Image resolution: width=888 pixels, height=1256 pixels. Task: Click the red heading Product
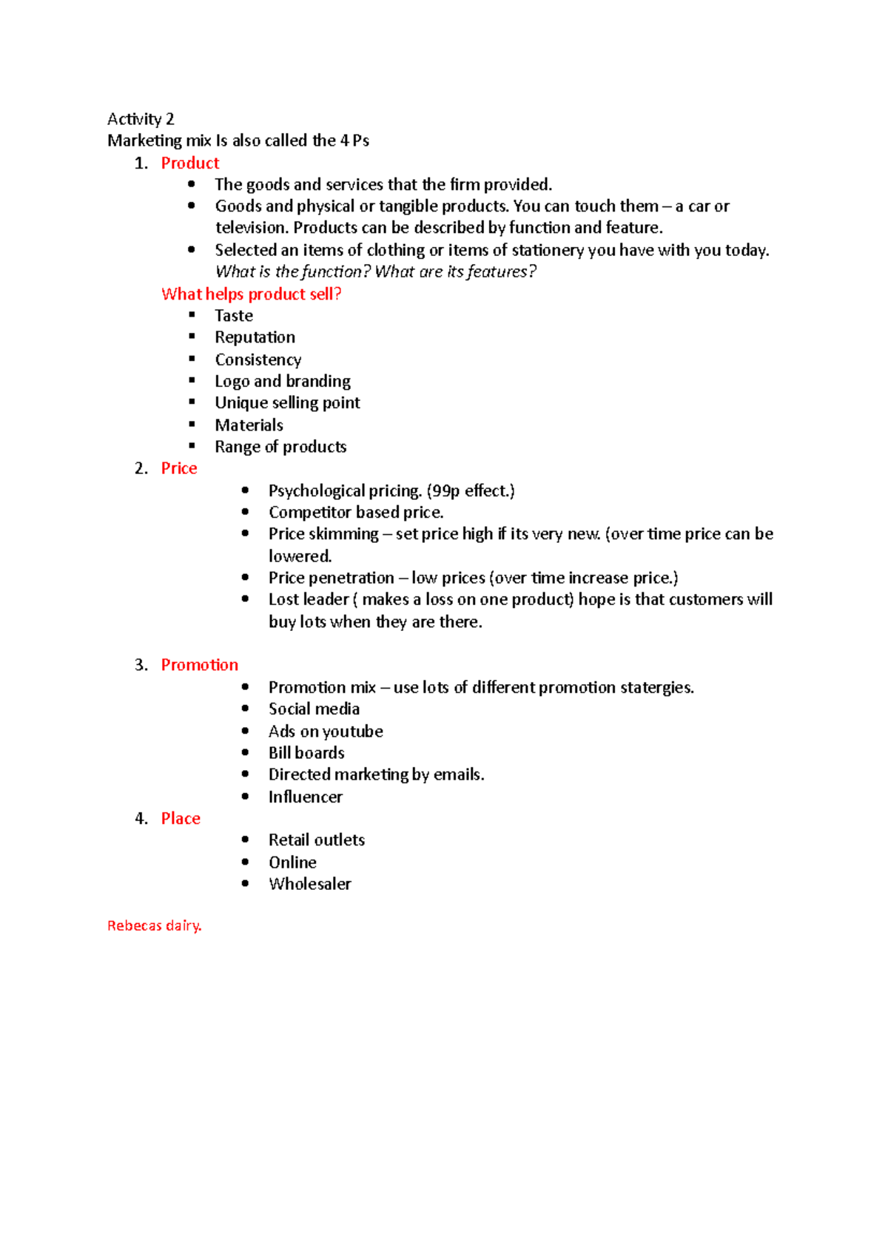point(190,163)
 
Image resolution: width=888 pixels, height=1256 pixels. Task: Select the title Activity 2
point(141,119)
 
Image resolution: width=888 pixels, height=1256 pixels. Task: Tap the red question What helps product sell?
point(251,294)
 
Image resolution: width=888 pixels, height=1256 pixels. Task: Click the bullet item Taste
point(234,316)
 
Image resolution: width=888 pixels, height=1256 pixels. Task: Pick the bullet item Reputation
point(255,337)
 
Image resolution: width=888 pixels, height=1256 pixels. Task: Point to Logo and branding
point(283,381)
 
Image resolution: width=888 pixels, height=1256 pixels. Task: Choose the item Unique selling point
point(287,403)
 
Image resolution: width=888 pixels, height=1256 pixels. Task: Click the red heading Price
point(179,468)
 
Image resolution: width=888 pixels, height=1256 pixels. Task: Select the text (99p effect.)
point(471,490)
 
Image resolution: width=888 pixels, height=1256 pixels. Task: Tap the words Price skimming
point(323,534)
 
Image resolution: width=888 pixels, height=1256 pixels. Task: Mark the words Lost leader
point(309,599)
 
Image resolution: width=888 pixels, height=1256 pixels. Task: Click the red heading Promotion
point(200,665)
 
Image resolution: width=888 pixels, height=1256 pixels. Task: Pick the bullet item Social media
point(314,709)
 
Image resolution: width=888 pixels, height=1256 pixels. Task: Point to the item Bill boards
point(306,753)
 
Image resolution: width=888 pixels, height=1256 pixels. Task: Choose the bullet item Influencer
point(305,797)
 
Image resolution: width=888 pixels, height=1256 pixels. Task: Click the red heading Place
point(181,818)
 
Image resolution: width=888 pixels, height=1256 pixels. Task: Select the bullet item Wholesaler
point(309,884)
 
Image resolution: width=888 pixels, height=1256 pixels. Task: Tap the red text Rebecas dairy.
point(154,925)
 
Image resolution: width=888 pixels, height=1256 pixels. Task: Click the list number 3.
point(141,665)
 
